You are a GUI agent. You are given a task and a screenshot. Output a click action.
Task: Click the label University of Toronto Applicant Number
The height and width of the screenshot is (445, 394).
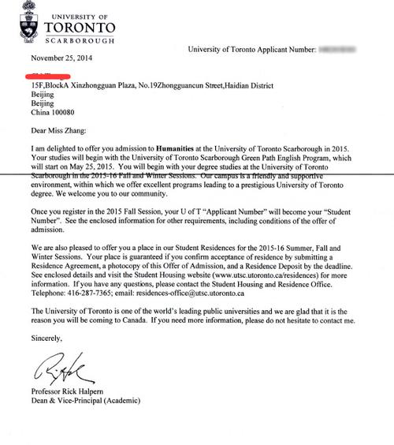click(251, 50)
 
